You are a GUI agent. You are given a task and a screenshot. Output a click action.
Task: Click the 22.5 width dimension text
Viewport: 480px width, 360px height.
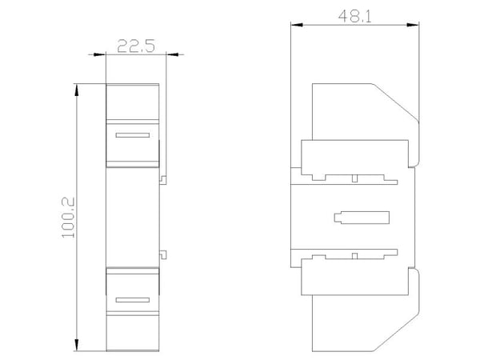tap(136, 46)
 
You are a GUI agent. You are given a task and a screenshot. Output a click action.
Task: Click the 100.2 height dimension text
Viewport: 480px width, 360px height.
tap(69, 218)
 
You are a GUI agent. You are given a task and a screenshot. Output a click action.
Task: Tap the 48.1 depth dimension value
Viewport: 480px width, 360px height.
tap(354, 17)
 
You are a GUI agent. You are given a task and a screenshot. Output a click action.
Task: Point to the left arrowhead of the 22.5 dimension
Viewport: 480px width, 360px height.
tap(99, 54)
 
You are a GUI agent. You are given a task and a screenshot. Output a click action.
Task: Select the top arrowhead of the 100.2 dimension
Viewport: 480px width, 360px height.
tap(77, 90)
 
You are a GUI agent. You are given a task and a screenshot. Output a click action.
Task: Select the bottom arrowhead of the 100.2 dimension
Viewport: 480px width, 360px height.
tap(77, 345)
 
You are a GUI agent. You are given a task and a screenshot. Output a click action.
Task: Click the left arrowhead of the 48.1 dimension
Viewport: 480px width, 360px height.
tap(297, 25)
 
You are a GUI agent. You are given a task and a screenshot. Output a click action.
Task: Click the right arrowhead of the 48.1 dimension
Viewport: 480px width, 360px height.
tap(413, 25)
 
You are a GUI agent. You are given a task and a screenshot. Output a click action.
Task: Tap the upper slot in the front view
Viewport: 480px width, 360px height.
tap(133, 135)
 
